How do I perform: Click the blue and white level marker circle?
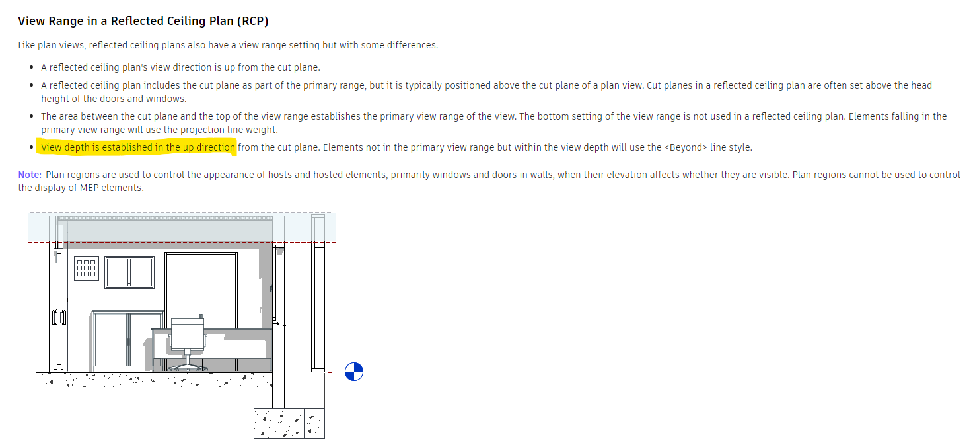coord(354,372)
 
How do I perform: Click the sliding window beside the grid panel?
coord(129,272)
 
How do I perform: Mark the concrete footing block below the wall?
coord(289,423)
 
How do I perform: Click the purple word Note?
coord(30,175)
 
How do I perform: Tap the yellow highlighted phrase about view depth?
coord(137,147)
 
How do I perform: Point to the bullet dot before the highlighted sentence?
coord(32,147)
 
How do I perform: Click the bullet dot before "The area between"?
coord(32,116)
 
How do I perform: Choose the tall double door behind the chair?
coord(201,284)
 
